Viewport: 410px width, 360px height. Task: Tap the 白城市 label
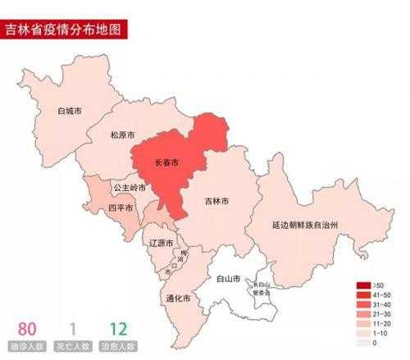(x=70, y=111)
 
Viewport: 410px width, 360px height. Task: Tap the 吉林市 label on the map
(x=216, y=201)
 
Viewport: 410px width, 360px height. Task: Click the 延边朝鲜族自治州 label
(x=306, y=224)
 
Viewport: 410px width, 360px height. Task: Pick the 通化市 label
(x=178, y=298)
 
